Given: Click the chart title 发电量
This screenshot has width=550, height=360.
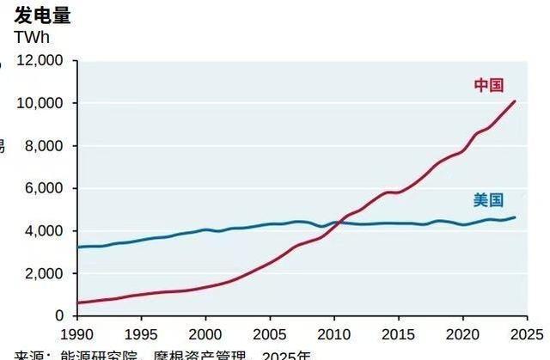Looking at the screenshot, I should [x=43, y=15].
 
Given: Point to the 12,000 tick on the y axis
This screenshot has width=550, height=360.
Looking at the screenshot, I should [x=40, y=61].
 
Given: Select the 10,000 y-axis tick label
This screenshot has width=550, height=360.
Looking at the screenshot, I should [x=40, y=103].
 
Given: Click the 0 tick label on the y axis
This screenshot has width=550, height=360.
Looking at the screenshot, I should [x=58, y=316].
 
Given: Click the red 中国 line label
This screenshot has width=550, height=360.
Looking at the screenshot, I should [x=488, y=85].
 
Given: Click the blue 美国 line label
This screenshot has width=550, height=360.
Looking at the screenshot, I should [x=488, y=200].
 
